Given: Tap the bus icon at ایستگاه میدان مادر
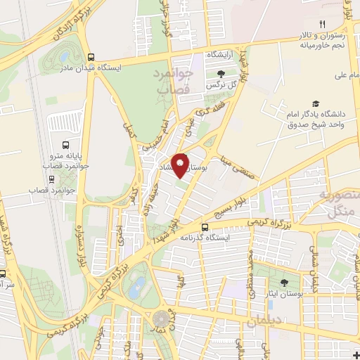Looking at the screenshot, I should click(89, 58).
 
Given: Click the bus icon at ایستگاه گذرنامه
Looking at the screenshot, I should click(205, 227).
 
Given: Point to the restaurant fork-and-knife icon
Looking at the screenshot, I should click(323, 23).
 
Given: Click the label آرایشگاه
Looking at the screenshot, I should click(219, 54).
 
